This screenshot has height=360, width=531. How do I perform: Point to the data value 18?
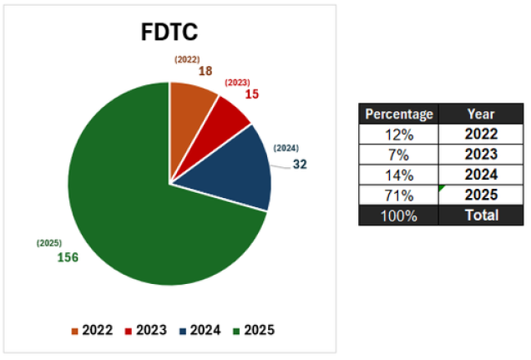(x=206, y=73)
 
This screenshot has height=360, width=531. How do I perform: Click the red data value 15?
(x=251, y=94)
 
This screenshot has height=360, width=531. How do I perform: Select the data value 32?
(x=300, y=164)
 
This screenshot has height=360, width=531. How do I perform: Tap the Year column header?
(x=481, y=114)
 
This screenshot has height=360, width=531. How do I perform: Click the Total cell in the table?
(x=481, y=215)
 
